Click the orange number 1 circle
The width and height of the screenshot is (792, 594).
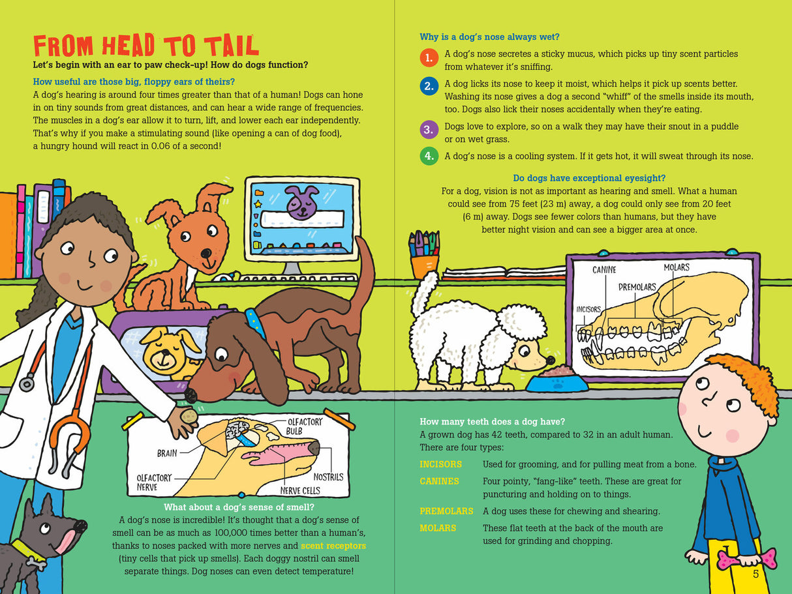(428, 59)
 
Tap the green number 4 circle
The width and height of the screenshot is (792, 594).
(428, 156)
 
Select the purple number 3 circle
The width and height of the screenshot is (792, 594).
(428, 129)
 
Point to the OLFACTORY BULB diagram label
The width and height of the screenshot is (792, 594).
(304, 426)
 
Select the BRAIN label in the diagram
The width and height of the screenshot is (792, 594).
(167, 453)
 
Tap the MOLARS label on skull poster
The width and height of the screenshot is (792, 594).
(677, 267)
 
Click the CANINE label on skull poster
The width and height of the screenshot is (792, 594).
(604, 269)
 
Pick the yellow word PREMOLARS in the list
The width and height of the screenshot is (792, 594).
(446, 511)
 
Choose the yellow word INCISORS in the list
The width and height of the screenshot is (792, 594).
(440, 464)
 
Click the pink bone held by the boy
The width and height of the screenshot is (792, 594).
(754, 558)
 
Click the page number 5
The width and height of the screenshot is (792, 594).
(756, 574)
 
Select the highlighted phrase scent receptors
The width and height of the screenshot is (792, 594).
(333, 545)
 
